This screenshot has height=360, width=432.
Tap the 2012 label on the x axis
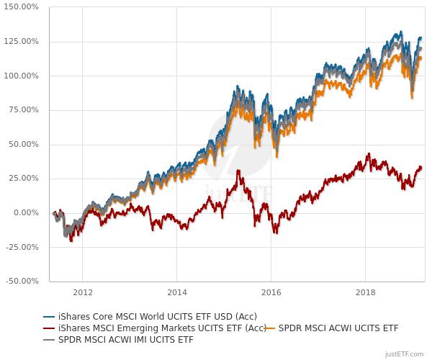(82, 293)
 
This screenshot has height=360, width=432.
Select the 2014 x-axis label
(176, 293)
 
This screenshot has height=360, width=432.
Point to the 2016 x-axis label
(271, 293)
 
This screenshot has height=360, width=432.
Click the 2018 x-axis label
(365, 293)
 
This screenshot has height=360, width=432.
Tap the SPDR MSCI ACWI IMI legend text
(125, 339)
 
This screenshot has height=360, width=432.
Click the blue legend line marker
(49, 316)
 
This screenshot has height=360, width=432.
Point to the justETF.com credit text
(406, 354)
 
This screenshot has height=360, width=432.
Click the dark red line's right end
(422, 168)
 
